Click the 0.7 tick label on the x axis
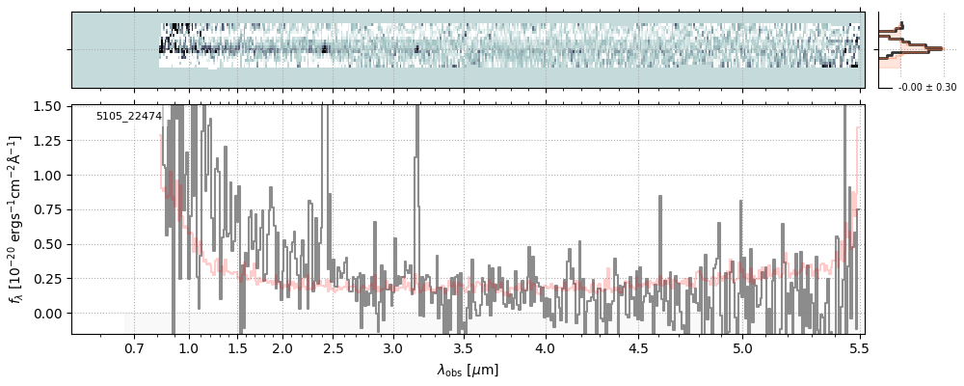133,347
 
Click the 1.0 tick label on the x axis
189,347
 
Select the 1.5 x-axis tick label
237,347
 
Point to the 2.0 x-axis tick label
281,347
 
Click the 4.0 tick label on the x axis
546,347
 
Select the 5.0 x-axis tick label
742,347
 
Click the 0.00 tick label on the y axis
48,314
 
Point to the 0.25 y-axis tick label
48,279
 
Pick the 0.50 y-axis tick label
48,244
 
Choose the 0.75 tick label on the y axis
48,209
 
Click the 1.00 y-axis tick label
48,175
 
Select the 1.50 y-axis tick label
48,106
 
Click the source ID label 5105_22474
128,117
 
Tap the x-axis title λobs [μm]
468,370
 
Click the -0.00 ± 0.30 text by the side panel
926,88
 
